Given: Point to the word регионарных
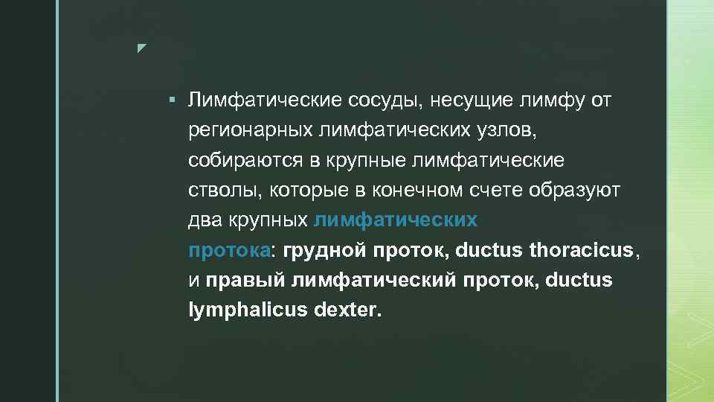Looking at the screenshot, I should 249,131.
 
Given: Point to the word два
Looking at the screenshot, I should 203,221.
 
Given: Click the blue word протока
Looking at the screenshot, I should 229,251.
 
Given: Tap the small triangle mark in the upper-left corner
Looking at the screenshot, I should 142,48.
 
